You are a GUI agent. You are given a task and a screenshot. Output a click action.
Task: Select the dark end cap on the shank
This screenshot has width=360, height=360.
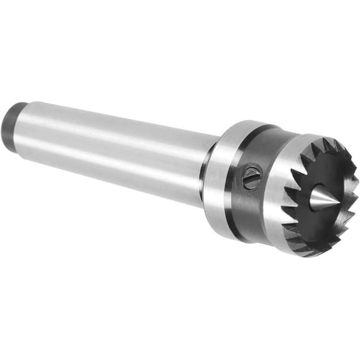(x=11, y=123)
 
